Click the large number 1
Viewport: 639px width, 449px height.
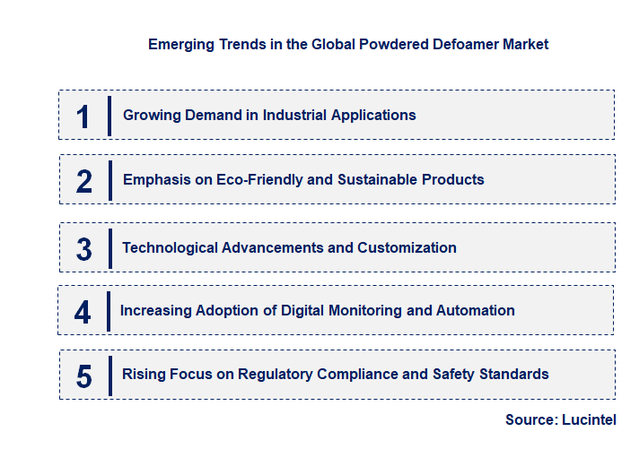coord(83,117)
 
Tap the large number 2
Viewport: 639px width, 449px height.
coord(84,181)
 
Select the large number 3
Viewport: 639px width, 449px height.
coord(84,249)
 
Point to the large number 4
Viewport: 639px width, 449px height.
coord(83,312)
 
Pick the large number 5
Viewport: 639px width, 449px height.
coord(84,376)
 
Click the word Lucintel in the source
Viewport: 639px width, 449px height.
coord(590,419)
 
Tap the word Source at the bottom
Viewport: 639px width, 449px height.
coord(530,419)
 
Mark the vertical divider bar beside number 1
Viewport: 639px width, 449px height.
coord(109,116)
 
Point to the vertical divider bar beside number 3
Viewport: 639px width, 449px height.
coord(109,248)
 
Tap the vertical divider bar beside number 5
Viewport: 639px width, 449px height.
coord(109,376)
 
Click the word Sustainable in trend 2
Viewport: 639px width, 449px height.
coord(375,179)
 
